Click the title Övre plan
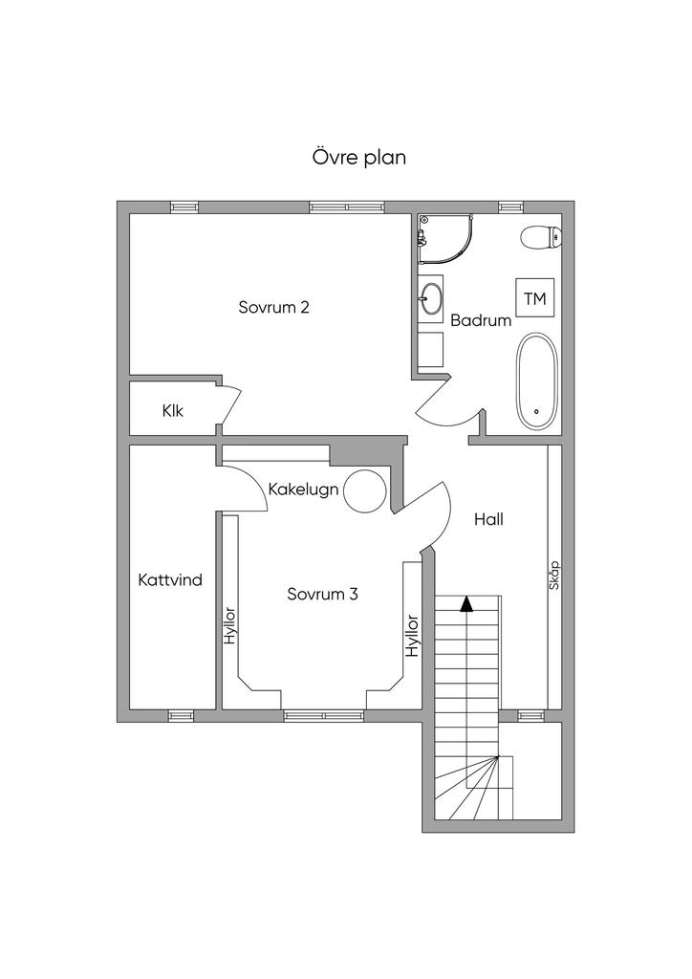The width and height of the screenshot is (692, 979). (x=358, y=158)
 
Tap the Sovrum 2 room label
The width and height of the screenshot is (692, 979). (x=274, y=307)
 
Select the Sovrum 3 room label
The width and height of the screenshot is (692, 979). (x=323, y=594)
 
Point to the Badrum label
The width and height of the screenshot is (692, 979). (x=481, y=320)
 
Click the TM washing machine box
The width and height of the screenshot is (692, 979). (x=534, y=298)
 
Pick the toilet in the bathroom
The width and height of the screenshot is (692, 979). (x=541, y=237)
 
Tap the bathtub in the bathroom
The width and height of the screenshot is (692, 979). (x=536, y=381)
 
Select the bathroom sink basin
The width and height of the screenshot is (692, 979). (x=430, y=297)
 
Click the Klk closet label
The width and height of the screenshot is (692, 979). (x=173, y=411)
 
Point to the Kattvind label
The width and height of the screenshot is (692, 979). (x=170, y=580)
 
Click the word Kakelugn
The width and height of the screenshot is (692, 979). (x=303, y=489)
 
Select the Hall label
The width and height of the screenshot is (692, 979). (x=488, y=519)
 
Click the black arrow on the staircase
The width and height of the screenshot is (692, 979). (x=466, y=604)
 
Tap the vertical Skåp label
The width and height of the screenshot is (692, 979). (x=554, y=576)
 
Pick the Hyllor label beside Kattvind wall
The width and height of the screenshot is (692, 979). (x=230, y=625)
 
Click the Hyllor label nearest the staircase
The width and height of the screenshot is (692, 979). (x=412, y=636)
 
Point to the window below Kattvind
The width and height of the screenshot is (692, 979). (x=181, y=716)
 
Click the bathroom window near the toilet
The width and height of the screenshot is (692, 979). (x=510, y=207)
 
